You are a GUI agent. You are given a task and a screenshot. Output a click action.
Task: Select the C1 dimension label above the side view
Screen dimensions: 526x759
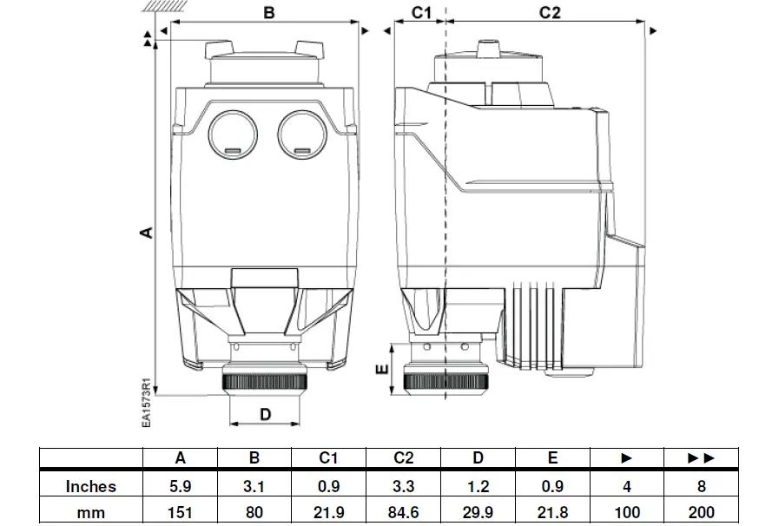pyautogui.click(x=420, y=13)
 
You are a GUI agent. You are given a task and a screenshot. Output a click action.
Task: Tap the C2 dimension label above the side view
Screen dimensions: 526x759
pyautogui.click(x=550, y=13)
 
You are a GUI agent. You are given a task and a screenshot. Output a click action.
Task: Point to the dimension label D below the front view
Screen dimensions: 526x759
pyautogui.click(x=266, y=415)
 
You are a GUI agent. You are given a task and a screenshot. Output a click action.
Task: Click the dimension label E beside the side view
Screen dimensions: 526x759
pyautogui.click(x=379, y=368)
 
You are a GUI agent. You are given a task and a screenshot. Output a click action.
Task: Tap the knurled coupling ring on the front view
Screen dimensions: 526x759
pyautogui.click(x=266, y=381)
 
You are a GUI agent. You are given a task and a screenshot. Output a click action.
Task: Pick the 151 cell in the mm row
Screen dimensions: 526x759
pyautogui.click(x=180, y=512)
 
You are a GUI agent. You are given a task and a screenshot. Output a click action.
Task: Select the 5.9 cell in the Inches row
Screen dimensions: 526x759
pyautogui.click(x=180, y=486)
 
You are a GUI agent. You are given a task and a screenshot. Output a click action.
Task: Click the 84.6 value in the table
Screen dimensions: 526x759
pyautogui.click(x=403, y=512)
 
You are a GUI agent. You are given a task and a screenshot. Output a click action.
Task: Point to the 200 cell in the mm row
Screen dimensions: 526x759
pyautogui.click(x=701, y=512)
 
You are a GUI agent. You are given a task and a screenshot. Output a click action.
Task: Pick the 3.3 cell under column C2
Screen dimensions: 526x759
pyautogui.click(x=403, y=486)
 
